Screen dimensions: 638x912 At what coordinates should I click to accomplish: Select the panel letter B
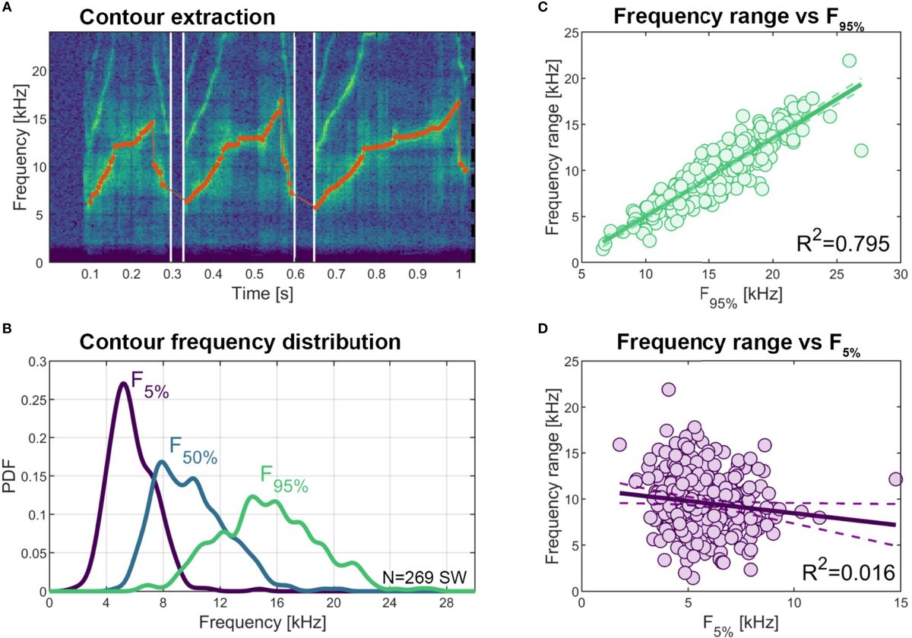(x=7, y=330)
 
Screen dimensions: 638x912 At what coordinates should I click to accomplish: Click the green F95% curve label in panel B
(x=283, y=480)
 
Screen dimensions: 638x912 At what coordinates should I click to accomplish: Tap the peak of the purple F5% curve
(x=124, y=383)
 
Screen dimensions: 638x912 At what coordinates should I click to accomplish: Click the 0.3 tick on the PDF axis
(x=34, y=364)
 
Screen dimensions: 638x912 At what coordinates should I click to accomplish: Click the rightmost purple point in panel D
(x=895, y=479)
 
